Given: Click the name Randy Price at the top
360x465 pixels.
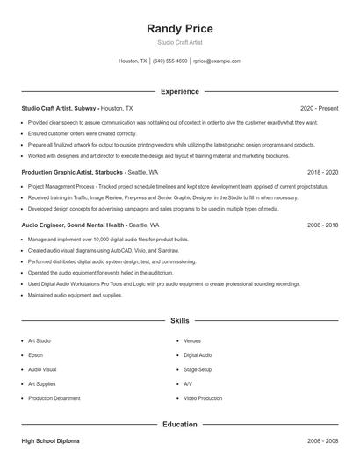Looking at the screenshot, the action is point(179,29).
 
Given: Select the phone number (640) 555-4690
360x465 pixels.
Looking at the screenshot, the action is point(169,61).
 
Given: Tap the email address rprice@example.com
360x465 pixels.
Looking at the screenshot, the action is point(217,61).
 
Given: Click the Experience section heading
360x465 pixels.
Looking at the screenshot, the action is point(179,91).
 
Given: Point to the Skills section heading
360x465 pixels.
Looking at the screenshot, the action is point(179,321).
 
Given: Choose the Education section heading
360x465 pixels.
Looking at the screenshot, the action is point(179,425).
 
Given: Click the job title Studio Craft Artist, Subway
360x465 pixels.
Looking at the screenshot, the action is point(59,108).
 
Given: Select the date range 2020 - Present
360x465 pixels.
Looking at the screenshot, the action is point(319,108).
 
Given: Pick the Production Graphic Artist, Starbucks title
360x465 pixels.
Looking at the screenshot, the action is point(72,173).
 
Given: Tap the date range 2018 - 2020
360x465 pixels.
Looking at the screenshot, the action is point(322,173).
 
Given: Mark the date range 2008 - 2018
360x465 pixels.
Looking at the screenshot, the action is point(322,225).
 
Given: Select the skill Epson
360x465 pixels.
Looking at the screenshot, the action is point(36,355).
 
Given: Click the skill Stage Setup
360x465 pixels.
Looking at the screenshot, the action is point(198,369).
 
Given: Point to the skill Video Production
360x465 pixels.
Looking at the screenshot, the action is point(203,398).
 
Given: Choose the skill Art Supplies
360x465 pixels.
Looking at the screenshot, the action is point(42,384).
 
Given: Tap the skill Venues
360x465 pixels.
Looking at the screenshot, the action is point(192,340).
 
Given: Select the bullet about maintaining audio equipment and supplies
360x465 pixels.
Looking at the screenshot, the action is point(75,296).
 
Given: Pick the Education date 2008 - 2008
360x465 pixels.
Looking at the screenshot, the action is point(322,441).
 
